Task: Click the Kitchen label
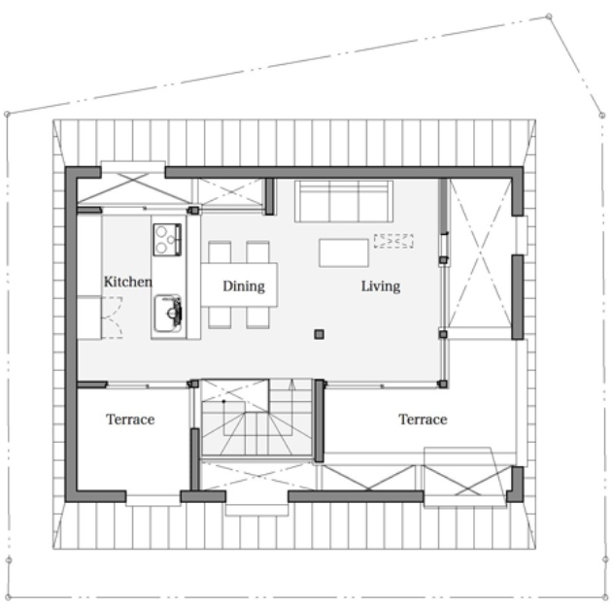(x=127, y=282)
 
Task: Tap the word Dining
(x=244, y=286)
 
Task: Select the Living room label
(x=381, y=286)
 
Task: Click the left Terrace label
(x=130, y=420)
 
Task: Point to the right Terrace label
(x=423, y=420)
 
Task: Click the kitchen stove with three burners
(x=167, y=240)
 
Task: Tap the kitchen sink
(x=168, y=314)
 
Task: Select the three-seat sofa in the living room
(x=344, y=201)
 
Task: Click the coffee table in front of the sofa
(x=344, y=252)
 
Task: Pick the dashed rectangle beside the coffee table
(x=393, y=241)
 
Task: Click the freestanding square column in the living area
(x=319, y=334)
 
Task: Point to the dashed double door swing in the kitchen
(x=113, y=318)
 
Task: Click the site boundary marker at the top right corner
(x=549, y=17)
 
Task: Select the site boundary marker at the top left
(x=7, y=114)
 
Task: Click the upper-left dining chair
(x=220, y=252)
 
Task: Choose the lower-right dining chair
(x=257, y=318)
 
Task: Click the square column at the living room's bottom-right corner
(x=443, y=384)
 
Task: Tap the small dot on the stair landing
(x=224, y=401)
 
